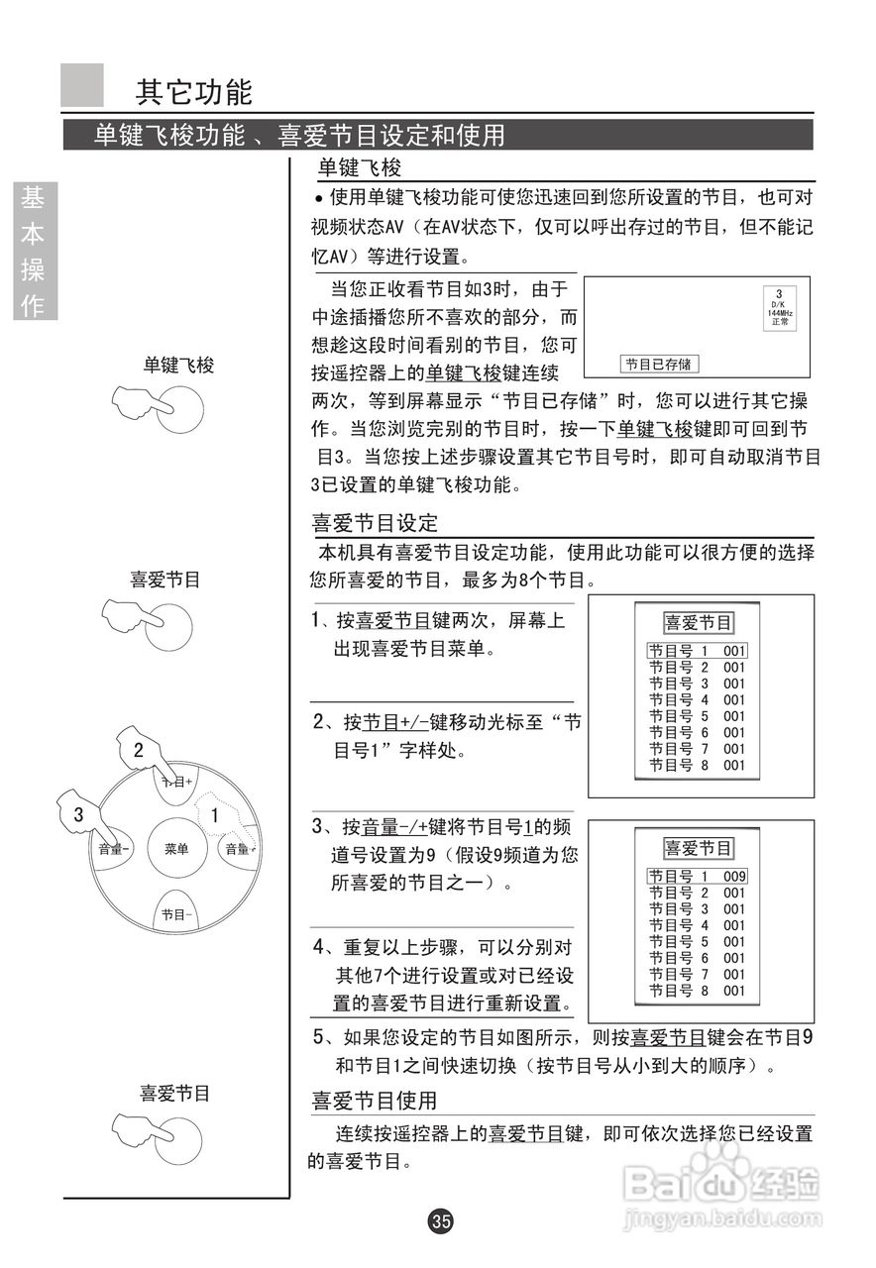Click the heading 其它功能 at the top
pyautogui.click(x=194, y=92)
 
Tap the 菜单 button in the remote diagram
pyautogui.click(x=176, y=848)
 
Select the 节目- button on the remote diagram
pyautogui.click(x=176, y=914)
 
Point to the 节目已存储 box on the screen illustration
pyautogui.click(x=658, y=365)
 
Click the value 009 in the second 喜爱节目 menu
pyautogui.click(x=733, y=876)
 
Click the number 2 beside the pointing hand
pyautogui.click(x=139, y=750)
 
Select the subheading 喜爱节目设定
pyautogui.click(x=375, y=522)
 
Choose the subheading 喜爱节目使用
pyautogui.click(x=375, y=1101)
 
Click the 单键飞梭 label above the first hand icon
pyautogui.click(x=178, y=365)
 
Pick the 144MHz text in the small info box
pyautogui.click(x=779, y=313)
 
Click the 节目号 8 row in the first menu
pyautogui.click(x=696, y=765)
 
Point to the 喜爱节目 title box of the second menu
pyautogui.click(x=699, y=849)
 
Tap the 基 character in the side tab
pyautogui.click(x=34, y=198)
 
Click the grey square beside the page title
pyautogui.click(x=82, y=85)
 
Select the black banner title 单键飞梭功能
pyautogui.click(x=168, y=135)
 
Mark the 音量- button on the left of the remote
pyautogui.click(x=114, y=848)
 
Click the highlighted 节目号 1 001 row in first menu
pyautogui.click(x=697, y=651)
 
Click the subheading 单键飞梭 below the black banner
pyautogui.click(x=359, y=167)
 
